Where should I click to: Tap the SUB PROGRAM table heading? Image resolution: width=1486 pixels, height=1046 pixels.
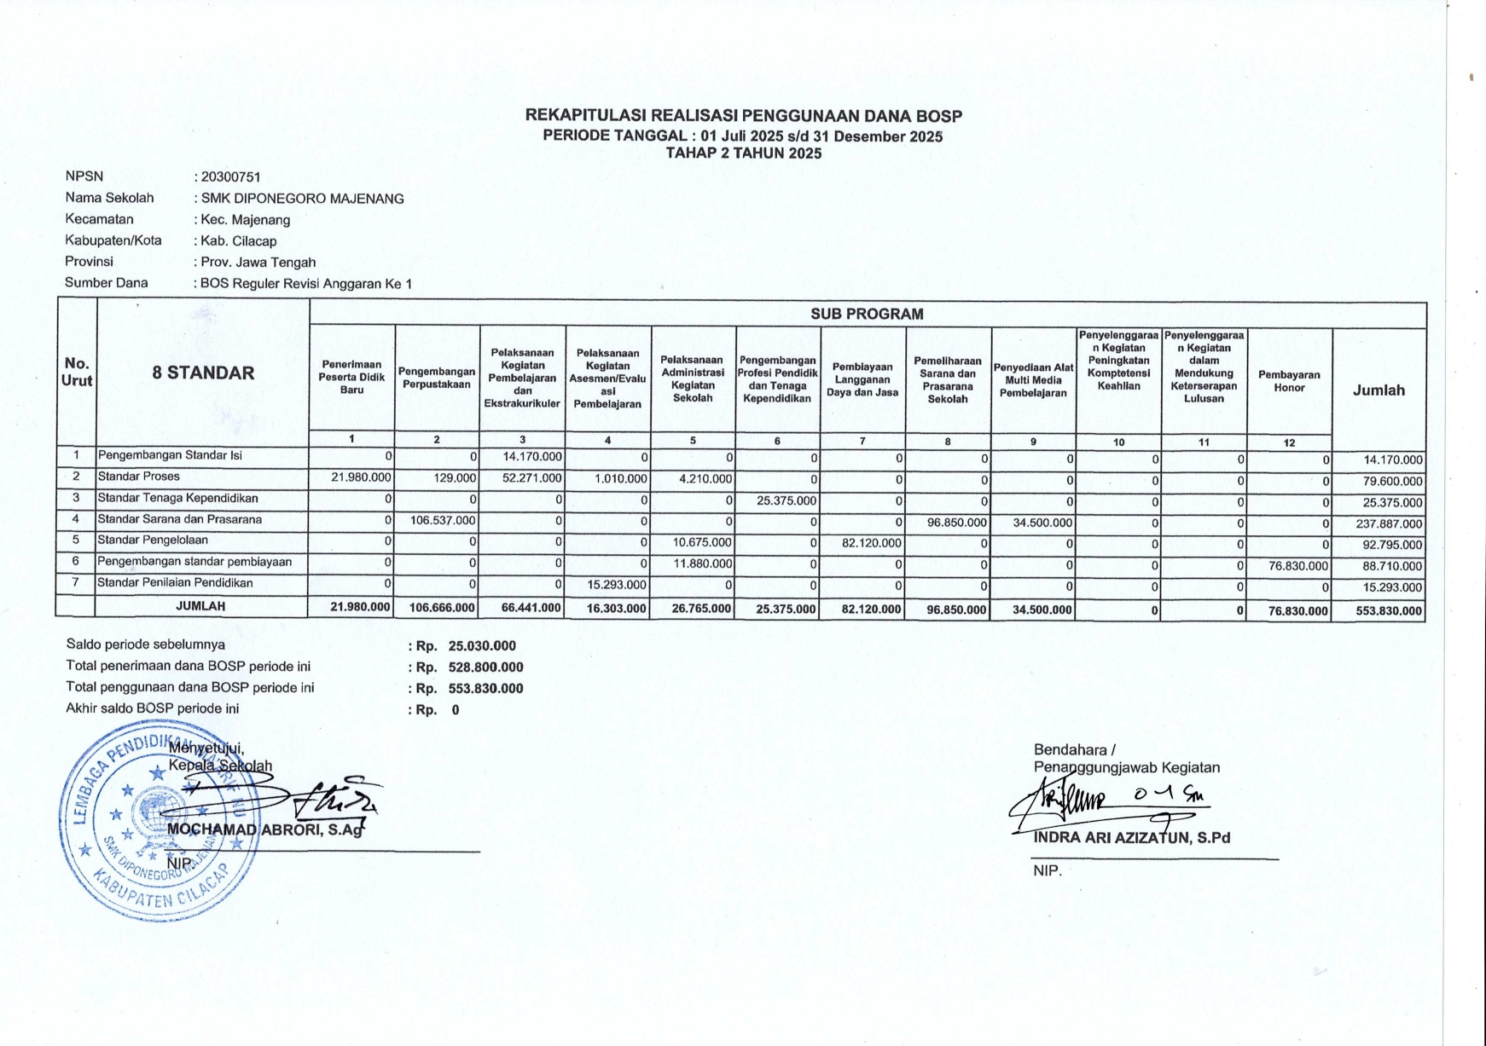(x=867, y=314)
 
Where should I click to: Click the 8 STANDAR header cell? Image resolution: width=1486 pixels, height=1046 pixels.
(x=203, y=373)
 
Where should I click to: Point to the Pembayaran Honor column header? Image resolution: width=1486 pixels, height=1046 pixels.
(x=1289, y=381)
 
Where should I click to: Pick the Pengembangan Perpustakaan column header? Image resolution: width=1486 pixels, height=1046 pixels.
(x=437, y=378)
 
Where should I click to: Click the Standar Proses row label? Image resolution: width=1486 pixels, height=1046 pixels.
(x=138, y=477)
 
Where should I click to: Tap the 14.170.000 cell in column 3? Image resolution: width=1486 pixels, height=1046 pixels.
(x=532, y=457)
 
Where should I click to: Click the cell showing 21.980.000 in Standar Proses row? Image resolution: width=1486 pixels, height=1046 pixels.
(x=361, y=478)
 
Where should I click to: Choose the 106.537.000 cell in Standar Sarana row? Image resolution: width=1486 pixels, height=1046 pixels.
(x=443, y=521)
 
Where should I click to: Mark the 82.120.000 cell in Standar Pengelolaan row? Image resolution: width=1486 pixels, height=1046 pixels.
(x=871, y=543)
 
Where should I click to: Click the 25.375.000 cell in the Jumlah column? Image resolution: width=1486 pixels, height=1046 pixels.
(x=1389, y=503)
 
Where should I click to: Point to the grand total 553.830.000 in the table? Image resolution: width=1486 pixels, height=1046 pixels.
(x=1389, y=611)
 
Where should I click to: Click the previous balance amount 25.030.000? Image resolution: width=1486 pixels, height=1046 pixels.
(x=482, y=646)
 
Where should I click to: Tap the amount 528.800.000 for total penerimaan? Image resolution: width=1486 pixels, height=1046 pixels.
(x=485, y=667)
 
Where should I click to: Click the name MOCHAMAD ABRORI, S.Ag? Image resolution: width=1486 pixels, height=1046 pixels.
(x=266, y=828)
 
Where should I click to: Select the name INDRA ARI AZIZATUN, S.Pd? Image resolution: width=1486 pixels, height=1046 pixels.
(x=1132, y=837)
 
